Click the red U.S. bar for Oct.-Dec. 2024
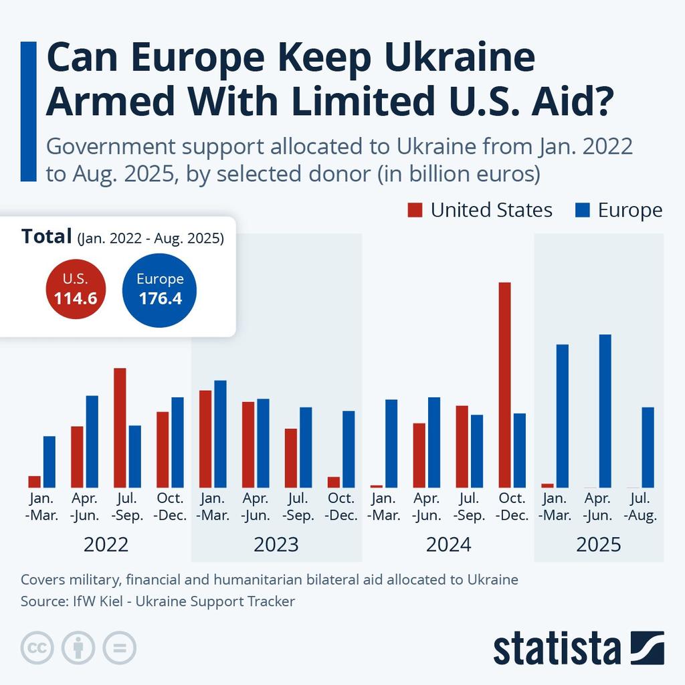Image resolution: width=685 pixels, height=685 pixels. (x=504, y=385)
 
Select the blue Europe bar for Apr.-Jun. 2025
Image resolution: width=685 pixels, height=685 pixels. (x=605, y=411)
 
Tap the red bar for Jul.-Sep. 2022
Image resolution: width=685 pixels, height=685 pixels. (x=120, y=427)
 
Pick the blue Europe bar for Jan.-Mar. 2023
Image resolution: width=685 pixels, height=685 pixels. (x=220, y=433)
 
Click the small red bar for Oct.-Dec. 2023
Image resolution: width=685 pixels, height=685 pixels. (x=333, y=482)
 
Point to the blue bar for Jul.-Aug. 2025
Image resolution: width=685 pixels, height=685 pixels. (x=648, y=447)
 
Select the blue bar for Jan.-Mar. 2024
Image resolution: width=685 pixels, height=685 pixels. (x=391, y=443)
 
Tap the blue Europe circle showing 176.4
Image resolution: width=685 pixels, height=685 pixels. (x=160, y=289)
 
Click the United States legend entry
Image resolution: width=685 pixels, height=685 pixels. (x=480, y=210)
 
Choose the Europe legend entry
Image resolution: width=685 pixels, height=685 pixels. (x=619, y=210)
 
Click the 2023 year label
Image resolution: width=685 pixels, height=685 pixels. (x=276, y=545)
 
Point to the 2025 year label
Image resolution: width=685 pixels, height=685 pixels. (x=599, y=545)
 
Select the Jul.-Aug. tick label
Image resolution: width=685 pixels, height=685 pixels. (x=641, y=507)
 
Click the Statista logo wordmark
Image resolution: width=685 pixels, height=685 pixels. (x=557, y=648)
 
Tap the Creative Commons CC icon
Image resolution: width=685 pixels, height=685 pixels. (x=37, y=648)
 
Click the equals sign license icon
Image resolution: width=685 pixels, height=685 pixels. (x=119, y=648)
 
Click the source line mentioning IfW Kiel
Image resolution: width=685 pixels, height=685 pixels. (x=158, y=601)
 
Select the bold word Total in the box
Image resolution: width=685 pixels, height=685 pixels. (x=46, y=236)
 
